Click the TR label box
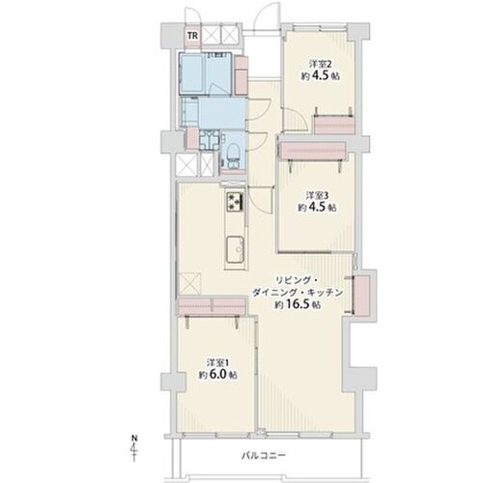click(193, 36)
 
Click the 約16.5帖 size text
click(298, 304)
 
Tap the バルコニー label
click(264, 456)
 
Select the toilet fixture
click(233, 154)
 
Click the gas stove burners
click(236, 202)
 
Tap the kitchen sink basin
click(236, 249)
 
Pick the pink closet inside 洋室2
click(334, 125)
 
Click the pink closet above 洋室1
click(212, 306)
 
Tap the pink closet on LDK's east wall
click(362, 295)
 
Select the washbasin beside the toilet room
click(209, 140)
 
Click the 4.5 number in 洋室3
click(317, 207)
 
